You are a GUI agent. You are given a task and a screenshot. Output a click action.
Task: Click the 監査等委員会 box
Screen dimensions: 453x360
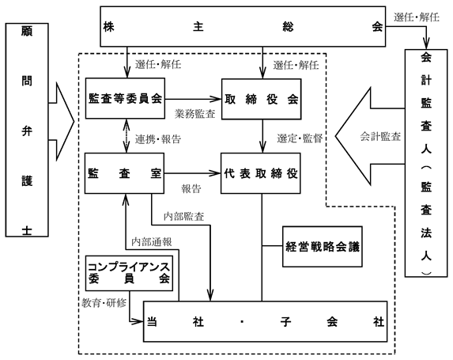point(125,98)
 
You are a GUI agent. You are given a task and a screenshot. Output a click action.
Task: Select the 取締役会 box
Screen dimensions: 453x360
point(262,99)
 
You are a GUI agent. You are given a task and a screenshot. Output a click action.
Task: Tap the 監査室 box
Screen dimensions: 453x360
point(125,173)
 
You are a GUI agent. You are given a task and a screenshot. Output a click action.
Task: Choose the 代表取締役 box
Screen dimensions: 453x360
point(261,173)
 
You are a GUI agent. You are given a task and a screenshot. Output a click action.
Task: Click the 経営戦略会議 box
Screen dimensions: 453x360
point(323,246)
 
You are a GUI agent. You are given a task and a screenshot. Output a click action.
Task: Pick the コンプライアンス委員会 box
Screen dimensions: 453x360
point(129,273)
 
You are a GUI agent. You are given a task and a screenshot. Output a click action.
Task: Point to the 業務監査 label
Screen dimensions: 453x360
point(195,114)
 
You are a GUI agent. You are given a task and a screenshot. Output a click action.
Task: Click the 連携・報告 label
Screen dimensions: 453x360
point(158,139)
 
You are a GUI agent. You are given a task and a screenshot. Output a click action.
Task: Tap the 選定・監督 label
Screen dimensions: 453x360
point(300,138)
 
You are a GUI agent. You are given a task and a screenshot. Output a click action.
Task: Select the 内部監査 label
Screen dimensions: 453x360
point(184,216)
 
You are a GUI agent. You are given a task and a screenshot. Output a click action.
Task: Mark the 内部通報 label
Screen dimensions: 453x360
point(152,242)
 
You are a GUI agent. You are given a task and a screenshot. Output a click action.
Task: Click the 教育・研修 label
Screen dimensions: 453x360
point(104,303)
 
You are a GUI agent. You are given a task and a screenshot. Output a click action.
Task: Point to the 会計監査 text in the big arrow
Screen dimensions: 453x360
point(380,136)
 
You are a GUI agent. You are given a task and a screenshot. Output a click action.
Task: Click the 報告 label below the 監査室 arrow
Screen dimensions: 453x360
point(191,189)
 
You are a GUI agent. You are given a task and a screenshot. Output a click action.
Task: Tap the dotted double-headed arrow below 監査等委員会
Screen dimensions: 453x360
point(126,135)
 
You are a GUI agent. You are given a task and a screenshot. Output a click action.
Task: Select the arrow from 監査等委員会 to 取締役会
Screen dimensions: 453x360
point(193,99)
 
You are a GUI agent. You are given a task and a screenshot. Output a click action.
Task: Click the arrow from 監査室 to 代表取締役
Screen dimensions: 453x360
point(193,173)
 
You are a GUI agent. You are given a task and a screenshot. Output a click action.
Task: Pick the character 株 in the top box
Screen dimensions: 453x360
point(108,27)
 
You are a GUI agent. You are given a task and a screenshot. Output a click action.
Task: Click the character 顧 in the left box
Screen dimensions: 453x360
point(27,30)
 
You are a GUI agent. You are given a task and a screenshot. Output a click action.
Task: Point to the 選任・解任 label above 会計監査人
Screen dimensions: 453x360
point(417,17)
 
